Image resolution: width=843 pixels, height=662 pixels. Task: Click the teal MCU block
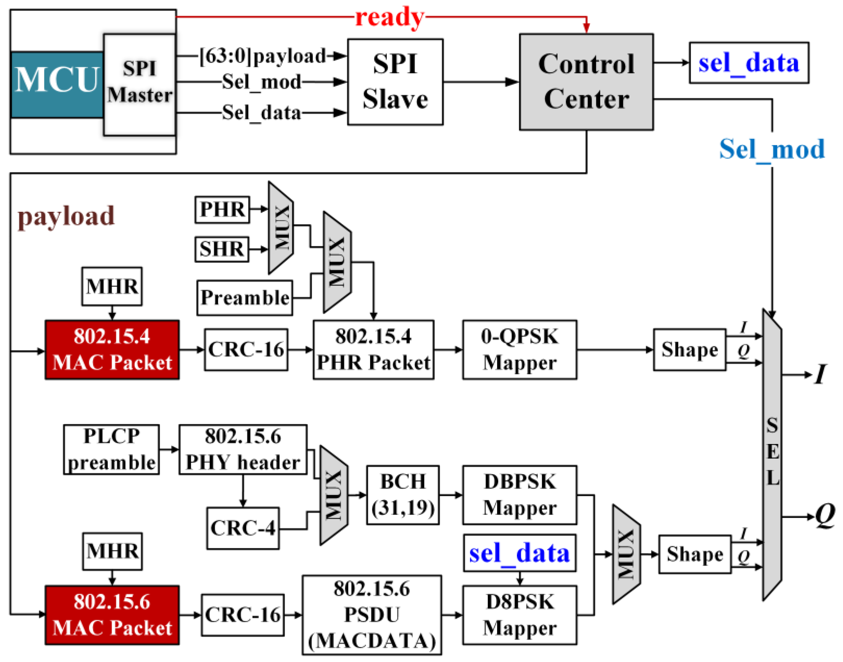click(x=57, y=85)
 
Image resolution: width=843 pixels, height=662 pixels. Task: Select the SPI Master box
click(x=140, y=85)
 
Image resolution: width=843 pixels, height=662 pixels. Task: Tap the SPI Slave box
click(x=395, y=82)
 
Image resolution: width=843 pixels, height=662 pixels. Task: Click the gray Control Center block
click(x=586, y=82)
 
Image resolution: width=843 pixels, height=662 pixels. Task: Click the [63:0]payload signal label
click(x=263, y=56)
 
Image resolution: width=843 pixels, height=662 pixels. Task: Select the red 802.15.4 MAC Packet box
click(x=112, y=350)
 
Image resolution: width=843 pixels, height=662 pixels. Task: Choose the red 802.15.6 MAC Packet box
click(x=112, y=615)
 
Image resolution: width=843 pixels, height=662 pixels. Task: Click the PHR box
click(x=222, y=209)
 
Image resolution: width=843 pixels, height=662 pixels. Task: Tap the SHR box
click(x=222, y=249)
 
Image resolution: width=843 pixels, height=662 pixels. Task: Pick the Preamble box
click(x=245, y=298)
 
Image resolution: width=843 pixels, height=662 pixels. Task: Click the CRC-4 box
click(x=243, y=528)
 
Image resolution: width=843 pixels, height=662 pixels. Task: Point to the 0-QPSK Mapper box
click(x=519, y=350)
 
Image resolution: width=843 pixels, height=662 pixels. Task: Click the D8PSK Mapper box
click(x=519, y=615)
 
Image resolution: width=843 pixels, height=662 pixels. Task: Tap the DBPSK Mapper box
click(x=519, y=495)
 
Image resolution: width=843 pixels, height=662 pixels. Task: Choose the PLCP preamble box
click(x=111, y=450)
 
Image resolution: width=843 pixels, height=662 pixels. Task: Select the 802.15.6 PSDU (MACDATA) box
click(x=371, y=615)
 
